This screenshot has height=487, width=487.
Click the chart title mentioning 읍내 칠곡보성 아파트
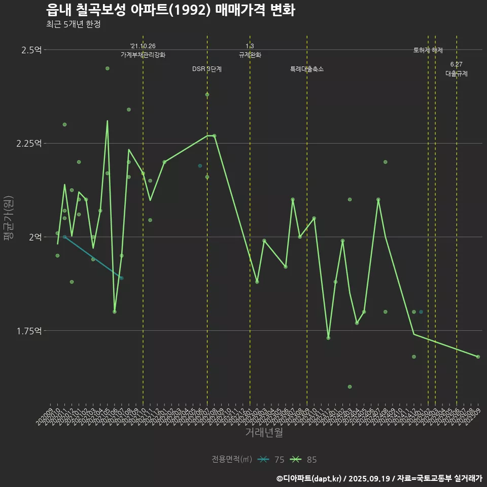(170, 10)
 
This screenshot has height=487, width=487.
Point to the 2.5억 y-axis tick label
(32, 50)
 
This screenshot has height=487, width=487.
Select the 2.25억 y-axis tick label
(29, 144)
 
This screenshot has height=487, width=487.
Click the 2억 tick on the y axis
(36, 237)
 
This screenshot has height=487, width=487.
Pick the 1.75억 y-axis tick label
(29, 331)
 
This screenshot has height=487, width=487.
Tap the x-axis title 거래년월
(264, 432)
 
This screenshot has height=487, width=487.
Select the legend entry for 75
(271, 460)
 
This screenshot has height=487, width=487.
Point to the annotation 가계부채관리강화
(143, 55)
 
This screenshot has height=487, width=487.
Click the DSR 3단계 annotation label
(207, 69)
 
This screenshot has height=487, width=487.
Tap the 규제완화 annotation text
(250, 55)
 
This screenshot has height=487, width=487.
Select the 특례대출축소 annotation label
(307, 69)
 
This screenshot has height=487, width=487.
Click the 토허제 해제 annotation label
(428, 50)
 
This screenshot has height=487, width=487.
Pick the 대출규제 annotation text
(457, 74)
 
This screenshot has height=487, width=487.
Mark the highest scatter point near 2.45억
(107, 68)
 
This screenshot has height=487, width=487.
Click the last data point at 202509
(478, 357)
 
